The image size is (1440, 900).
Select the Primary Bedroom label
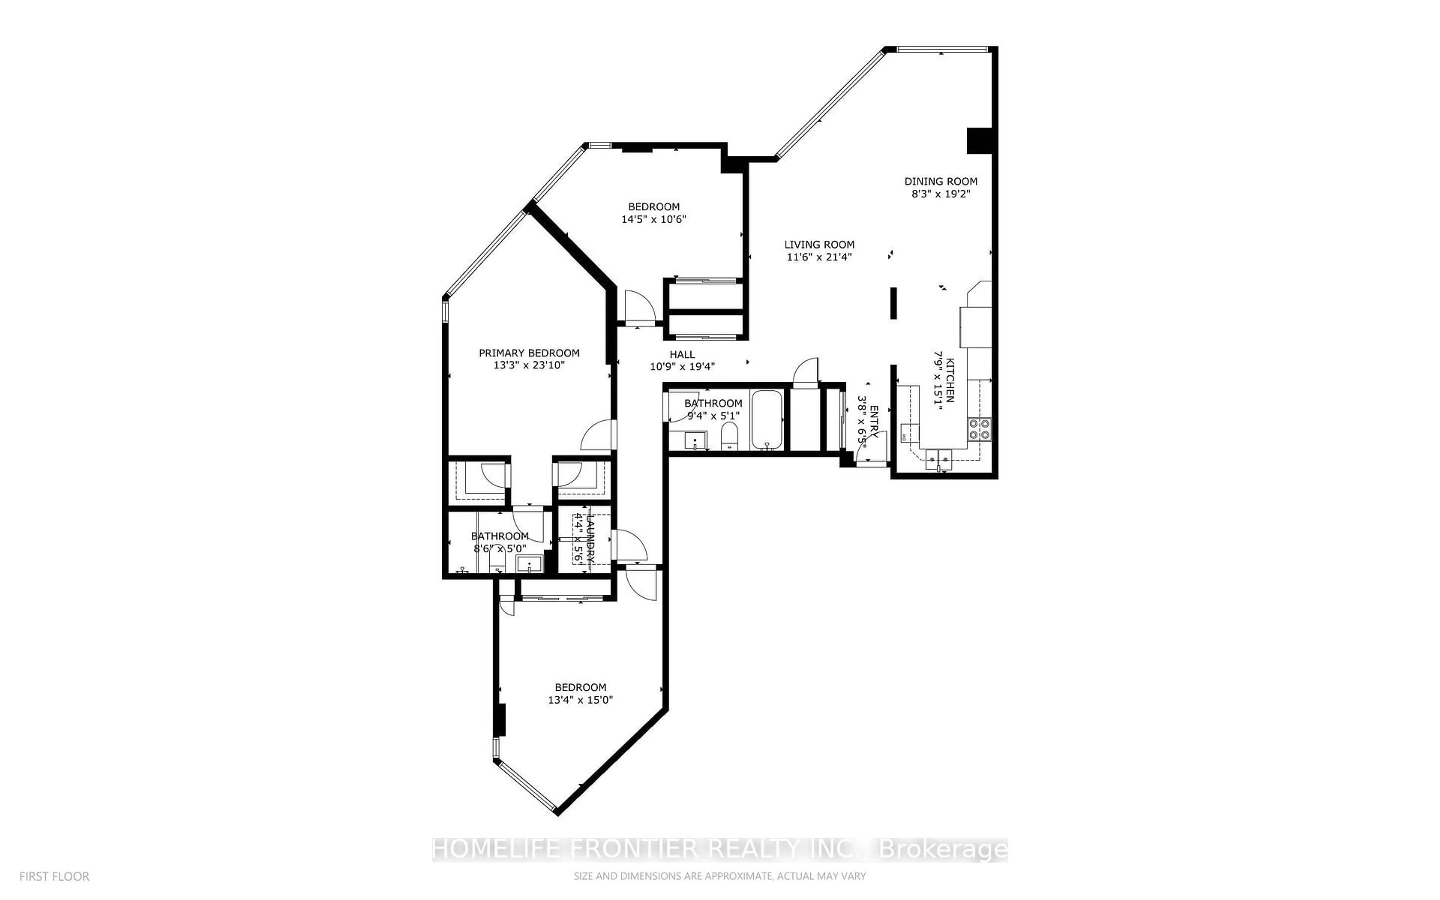(529, 353)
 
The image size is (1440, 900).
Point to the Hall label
(682, 354)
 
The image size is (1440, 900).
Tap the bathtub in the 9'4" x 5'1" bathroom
(766, 420)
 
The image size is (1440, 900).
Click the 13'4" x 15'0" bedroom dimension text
(580, 700)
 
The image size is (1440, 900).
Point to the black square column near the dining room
(978, 141)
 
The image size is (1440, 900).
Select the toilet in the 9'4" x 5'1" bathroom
(729, 438)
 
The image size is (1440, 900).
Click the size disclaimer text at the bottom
(719, 876)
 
